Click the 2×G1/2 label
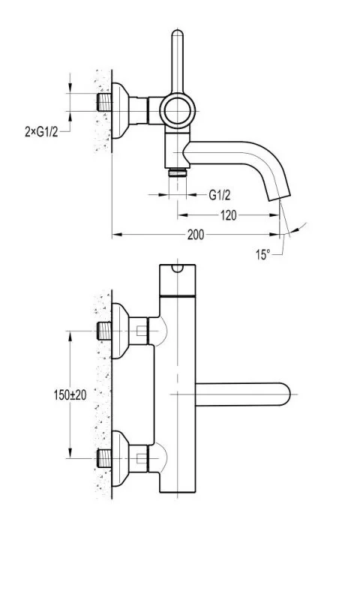[x=42, y=132]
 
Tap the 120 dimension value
[x=228, y=215]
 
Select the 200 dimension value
[x=196, y=235]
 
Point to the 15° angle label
[x=262, y=254]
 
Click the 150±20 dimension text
[x=70, y=395]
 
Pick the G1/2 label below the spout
[x=220, y=195]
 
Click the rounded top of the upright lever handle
[x=178, y=34]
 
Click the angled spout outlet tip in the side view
[x=279, y=196]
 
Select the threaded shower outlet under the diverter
[x=178, y=172]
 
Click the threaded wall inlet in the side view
[x=103, y=102]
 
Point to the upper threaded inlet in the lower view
[x=103, y=331]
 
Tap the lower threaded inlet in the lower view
[x=103, y=458]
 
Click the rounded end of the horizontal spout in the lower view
[x=287, y=394]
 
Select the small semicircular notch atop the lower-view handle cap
[x=178, y=268]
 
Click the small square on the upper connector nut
[x=142, y=331]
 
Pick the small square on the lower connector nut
[x=142, y=458]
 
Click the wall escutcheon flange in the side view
[x=120, y=111]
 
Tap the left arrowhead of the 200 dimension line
[x=117, y=235]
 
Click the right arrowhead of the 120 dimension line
[x=274, y=215]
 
